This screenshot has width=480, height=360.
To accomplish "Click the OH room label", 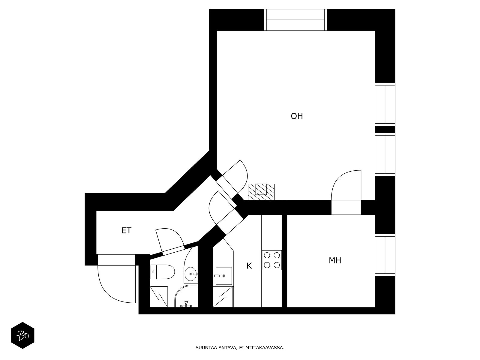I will [297, 116].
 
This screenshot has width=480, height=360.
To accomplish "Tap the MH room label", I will [335, 260].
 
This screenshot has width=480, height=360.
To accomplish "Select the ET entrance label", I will [126, 230].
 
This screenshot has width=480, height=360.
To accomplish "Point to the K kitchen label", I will [249, 266].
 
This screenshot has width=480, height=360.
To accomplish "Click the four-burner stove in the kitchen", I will [272, 260].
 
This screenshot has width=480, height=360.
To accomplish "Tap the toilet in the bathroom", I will [162, 272].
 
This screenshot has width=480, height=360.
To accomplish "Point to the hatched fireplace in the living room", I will [261, 191].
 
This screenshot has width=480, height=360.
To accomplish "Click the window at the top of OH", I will [295, 20].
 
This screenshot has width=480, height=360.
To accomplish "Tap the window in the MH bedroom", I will [385, 255].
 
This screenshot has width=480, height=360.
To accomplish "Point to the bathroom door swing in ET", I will [169, 240].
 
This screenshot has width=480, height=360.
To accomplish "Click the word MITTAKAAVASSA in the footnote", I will [267, 348].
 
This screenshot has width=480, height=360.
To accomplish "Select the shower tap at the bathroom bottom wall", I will [186, 304].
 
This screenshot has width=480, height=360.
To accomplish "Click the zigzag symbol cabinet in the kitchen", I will [223, 297].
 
